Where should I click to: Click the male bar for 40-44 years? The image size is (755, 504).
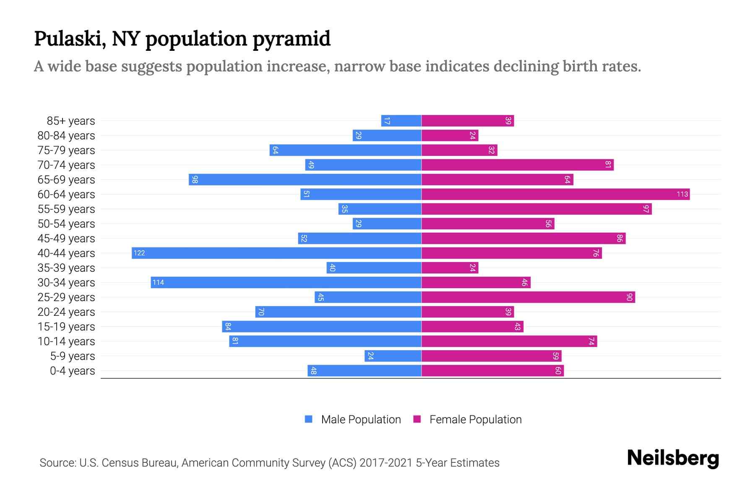pos(277,253)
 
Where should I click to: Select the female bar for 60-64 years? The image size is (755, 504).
pos(555,194)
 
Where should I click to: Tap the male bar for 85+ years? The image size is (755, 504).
pos(401,121)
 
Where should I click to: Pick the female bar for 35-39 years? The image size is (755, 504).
pos(450,268)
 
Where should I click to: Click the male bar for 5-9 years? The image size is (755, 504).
pos(393,356)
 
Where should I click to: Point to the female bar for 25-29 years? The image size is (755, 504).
pos(528,297)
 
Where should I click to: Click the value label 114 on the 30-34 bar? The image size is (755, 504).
pos(158,282)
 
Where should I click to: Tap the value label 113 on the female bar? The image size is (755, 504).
pos(682,194)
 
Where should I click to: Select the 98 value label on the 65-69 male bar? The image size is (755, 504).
pos(195,180)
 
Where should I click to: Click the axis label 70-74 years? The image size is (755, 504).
pos(66,165)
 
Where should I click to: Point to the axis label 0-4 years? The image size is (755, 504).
pos(72,371)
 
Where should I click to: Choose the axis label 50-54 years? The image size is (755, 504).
pos(66,224)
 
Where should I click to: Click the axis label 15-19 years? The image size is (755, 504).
pos(66,327)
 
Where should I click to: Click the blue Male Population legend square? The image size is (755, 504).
pos(309,419)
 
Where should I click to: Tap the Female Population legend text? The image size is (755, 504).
pos(475,420)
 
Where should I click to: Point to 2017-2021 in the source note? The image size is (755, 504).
pos(386,463)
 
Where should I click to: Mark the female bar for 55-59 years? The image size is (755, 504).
pos(536,209)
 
